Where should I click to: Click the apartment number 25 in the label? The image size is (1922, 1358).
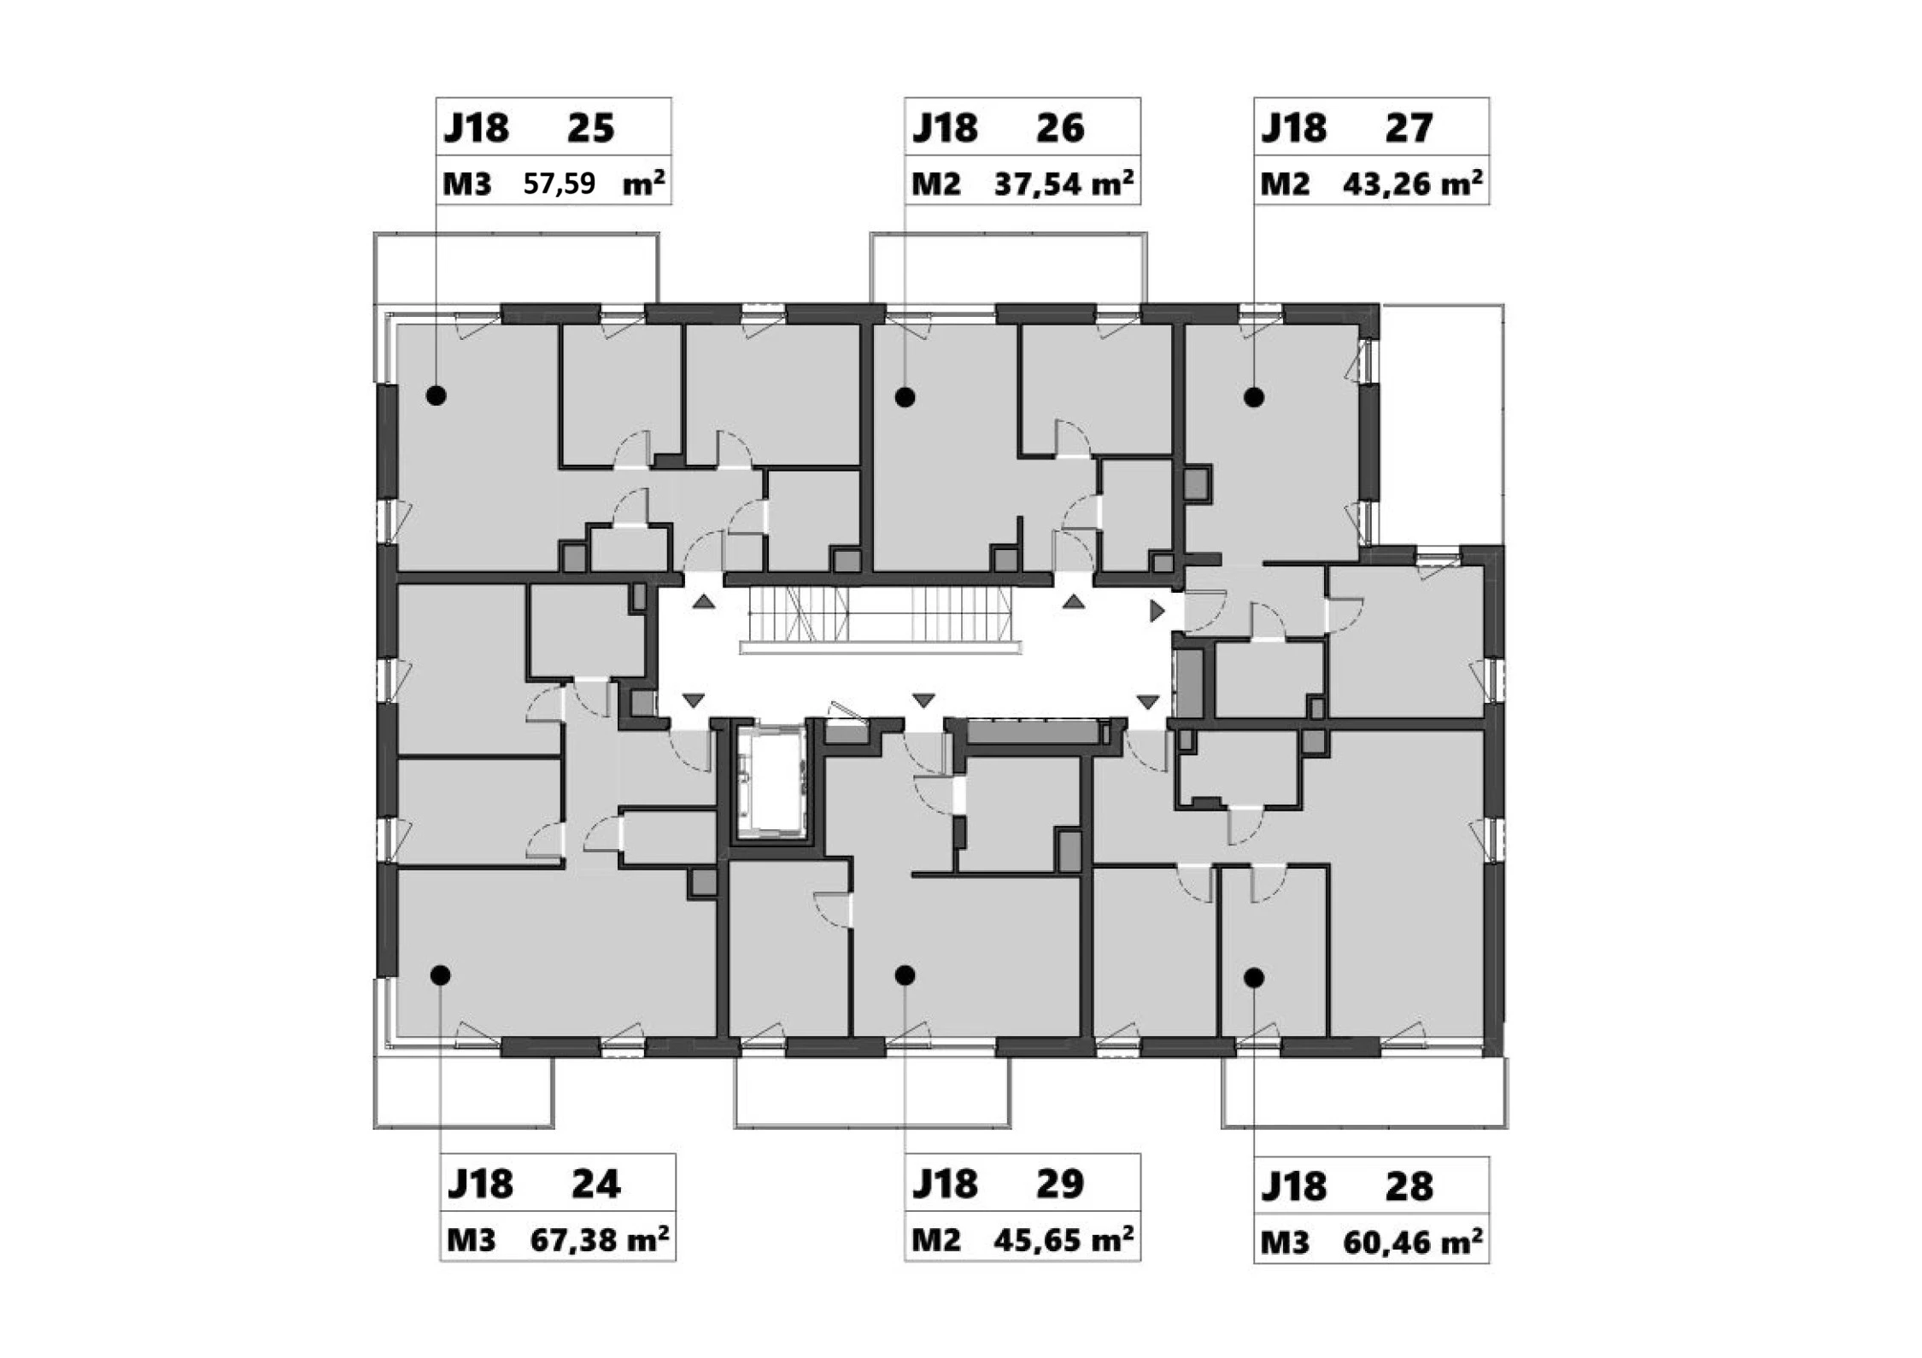coord(590,128)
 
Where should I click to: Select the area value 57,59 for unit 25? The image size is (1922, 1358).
coord(559,184)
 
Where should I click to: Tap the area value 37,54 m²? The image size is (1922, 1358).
coord(1064,184)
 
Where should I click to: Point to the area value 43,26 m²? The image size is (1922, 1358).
coord(1412,184)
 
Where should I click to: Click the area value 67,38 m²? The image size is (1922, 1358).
coord(600,1239)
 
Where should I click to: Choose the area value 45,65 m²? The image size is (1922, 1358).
coord(1064,1239)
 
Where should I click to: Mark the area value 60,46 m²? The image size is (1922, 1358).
coord(1412,1242)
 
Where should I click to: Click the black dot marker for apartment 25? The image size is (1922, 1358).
coord(437,395)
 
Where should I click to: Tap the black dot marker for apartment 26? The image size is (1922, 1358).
coord(905,397)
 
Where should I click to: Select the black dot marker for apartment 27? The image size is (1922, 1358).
coord(1254,397)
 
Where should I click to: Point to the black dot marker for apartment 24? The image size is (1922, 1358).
coord(440,975)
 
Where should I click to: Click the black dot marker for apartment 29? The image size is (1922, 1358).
coord(905,975)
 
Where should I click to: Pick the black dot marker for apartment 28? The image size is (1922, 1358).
coord(1254,978)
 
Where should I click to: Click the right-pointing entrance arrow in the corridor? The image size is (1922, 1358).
coord(1157,611)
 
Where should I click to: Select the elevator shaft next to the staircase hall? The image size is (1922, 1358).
coord(771,781)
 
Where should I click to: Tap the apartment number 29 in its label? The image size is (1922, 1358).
coord(1060,1184)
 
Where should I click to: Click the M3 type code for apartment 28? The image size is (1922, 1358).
coord(1285,1243)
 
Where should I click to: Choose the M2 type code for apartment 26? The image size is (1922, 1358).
coord(936,184)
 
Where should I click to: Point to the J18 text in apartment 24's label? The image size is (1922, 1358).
coord(480,1185)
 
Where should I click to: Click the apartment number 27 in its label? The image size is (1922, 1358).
coord(1409,128)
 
